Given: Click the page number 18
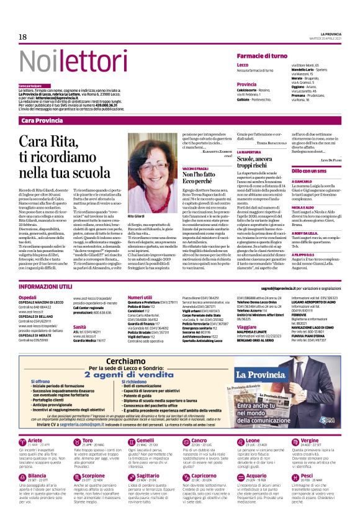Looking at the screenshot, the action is coord(22,37).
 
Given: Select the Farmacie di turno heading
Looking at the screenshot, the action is coord(260,56).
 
